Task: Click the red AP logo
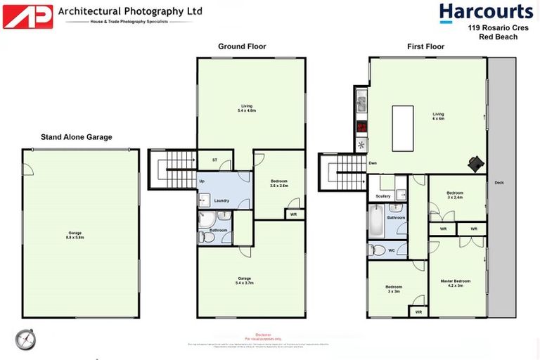click(27, 16)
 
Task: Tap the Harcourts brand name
click(486, 12)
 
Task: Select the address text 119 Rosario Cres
click(493, 28)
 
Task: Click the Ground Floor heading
click(242, 46)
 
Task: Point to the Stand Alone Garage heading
click(77, 137)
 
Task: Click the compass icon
click(25, 339)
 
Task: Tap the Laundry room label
click(222, 200)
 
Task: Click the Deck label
click(499, 183)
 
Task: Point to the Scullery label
click(383, 196)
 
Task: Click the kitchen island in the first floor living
click(402, 128)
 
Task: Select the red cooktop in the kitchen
click(362, 128)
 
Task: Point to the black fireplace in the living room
click(477, 163)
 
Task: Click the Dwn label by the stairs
click(373, 163)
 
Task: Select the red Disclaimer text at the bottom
click(264, 335)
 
